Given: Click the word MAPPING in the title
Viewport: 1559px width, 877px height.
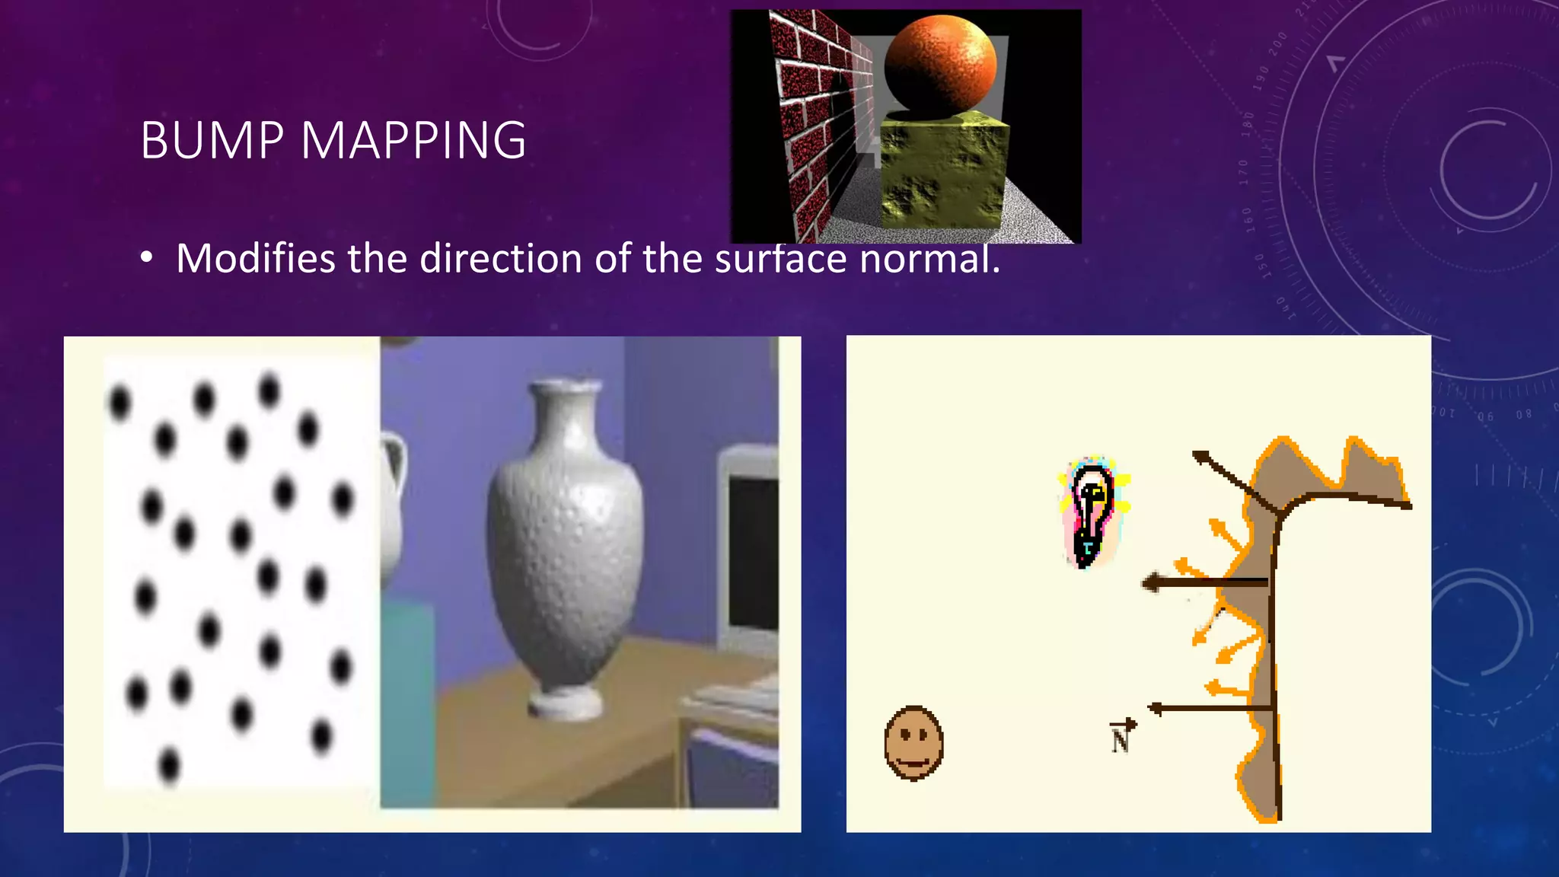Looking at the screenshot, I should pyautogui.click(x=413, y=141).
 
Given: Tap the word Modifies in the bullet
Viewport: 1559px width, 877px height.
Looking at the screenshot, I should pyautogui.click(x=255, y=258).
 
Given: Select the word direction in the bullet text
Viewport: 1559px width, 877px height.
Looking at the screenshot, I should pyautogui.click(x=501, y=258).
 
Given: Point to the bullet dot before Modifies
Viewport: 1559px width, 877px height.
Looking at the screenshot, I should pyautogui.click(x=147, y=259).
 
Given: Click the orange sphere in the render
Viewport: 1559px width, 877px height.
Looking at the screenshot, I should pyautogui.click(x=940, y=65).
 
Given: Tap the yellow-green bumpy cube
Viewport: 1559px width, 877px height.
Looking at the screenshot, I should pyautogui.click(x=944, y=171).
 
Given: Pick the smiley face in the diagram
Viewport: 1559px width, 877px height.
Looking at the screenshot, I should pyautogui.click(x=913, y=743).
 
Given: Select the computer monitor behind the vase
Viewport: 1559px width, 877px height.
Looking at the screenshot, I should pyautogui.click(x=750, y=548).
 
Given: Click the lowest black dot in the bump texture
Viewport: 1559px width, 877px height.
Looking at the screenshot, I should pyautogui.click(x=169, y=764).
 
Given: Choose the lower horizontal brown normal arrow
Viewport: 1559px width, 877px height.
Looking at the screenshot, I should pyautogui.click(x=1210, y=709).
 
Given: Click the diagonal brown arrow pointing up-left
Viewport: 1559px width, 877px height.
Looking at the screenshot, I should pyautogui.click(x=1233, y=480).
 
